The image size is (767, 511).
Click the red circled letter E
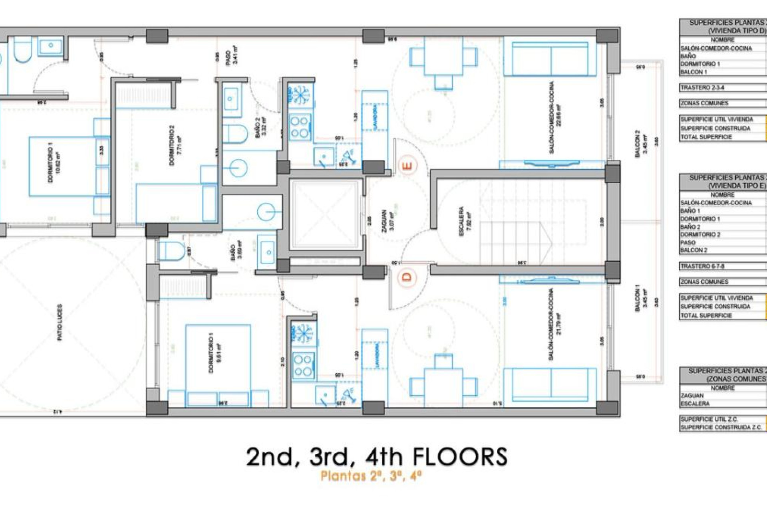408,165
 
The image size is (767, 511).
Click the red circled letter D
407,277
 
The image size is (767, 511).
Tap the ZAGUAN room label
384,220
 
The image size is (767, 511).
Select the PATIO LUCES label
60,322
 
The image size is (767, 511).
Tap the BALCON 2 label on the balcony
638,144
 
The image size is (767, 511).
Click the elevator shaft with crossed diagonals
325,214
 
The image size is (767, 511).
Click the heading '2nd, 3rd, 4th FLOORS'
377,457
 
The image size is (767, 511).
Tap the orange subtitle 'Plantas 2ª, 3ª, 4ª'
371,476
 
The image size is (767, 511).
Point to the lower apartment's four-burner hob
303,366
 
